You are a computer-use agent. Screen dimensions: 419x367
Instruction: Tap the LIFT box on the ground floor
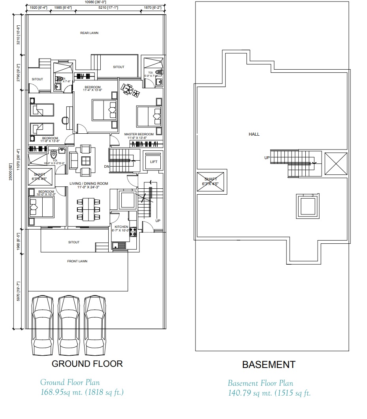click(153, 161)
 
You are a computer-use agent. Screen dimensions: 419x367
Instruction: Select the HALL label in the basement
click(254, 135)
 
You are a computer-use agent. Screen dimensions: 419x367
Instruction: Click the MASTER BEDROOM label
click(139, 135)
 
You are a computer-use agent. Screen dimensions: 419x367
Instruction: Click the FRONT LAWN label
click(77, 261)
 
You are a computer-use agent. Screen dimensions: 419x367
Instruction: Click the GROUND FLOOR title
click(87, 364)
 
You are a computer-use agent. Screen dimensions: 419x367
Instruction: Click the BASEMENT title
click(269, 364)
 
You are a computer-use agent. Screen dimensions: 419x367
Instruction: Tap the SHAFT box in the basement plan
click(211, 182)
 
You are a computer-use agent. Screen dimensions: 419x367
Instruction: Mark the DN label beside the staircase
click(106, 167)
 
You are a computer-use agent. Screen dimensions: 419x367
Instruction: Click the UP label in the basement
click(267, 158)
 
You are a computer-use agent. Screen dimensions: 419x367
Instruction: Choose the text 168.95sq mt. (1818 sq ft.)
click(82, 392)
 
